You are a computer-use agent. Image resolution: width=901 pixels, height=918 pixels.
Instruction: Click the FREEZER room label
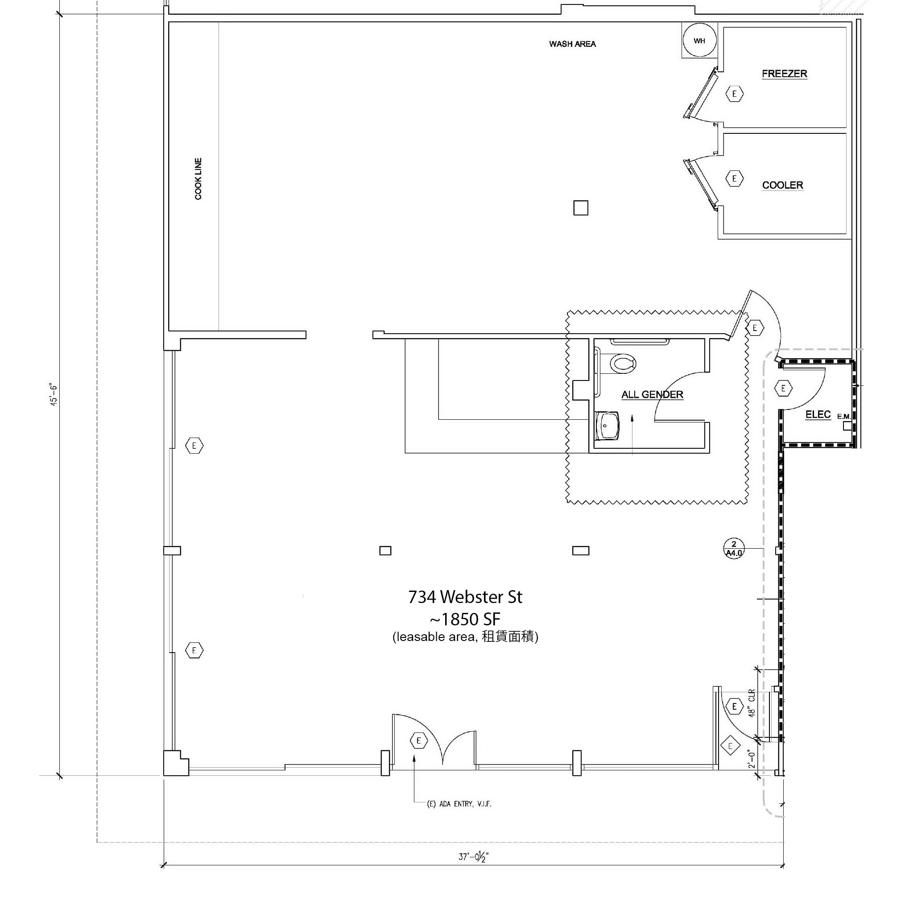tap(784, 74)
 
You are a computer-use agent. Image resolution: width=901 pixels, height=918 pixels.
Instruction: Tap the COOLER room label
tap(782, 185)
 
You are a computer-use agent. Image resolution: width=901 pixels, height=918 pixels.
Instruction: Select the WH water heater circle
tap(699, 41)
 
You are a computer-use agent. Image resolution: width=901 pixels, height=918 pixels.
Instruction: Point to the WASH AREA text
tap(572, 44)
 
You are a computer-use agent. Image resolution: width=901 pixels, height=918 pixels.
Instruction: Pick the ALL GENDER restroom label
tap(652, 394)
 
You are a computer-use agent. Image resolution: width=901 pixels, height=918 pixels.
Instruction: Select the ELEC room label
tap(818, 414)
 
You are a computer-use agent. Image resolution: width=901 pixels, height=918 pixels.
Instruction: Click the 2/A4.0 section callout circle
tap(733, 548)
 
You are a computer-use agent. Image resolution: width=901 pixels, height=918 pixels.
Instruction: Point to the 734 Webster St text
tap(465, 597)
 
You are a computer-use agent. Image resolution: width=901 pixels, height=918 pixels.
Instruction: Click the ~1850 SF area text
tap(465, 619)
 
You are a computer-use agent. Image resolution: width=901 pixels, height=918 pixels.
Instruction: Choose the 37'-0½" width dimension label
tap(473, 856)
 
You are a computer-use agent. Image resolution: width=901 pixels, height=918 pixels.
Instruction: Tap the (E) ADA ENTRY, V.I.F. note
tap(459, 804)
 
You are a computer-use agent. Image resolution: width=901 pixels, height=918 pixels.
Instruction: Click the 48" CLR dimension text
tap(751, 703)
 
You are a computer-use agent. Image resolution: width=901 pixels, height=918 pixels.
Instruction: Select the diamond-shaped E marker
tap(730, 746)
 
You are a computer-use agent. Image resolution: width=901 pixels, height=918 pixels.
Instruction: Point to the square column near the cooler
tap(580, 208)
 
